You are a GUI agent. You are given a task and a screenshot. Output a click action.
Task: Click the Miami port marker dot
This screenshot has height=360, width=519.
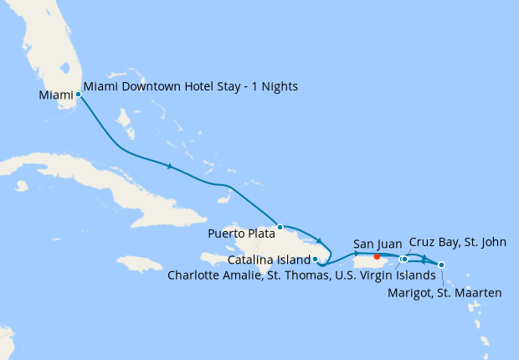[78, 95]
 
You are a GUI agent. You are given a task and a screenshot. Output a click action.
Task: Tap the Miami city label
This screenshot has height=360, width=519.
[56, 95]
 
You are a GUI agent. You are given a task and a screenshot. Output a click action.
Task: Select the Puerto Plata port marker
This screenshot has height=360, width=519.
[280, 227]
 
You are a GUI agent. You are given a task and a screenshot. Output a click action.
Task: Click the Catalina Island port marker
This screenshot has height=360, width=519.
[315, 259]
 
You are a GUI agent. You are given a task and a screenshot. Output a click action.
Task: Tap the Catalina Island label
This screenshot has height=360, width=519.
[266, 260]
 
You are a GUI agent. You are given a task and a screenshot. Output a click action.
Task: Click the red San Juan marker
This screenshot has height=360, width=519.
[378, 256]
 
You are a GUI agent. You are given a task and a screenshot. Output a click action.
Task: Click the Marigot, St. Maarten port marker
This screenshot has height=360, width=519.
[441, 265]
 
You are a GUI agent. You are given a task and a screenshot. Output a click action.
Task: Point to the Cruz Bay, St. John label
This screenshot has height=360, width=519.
[458, 243]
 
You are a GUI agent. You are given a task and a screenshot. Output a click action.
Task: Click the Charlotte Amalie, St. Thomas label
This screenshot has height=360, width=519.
[301, 275]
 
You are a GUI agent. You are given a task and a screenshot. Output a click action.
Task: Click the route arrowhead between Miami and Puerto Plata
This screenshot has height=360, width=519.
[170, 167]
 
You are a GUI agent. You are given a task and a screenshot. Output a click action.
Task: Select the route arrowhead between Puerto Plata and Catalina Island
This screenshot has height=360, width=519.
[319, 242]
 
